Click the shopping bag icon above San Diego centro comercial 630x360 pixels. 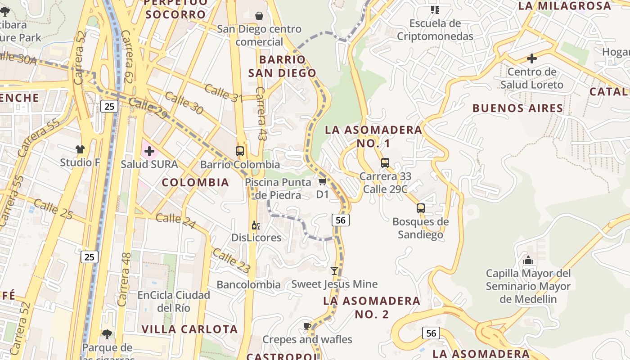[259, 16]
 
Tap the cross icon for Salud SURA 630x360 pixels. [149, 151]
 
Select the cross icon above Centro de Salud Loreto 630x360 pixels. [532, 58]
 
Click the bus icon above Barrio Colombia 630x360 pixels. [240, 151]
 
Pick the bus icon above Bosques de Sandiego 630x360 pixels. [421, 208]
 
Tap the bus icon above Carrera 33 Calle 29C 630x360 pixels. [385, 163]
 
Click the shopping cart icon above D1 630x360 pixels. [322, 182]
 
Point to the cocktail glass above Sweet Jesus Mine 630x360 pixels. [334, 271]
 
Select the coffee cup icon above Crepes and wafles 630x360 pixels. [307, 326]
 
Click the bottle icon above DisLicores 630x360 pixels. [256, 225]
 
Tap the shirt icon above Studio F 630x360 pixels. [80, 149]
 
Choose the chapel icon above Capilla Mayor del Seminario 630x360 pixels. [528, 260]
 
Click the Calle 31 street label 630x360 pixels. [224, 93]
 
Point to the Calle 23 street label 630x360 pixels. [231, 261]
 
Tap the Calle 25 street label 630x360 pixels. [53, 210]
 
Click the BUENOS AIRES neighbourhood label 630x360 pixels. [517, 108]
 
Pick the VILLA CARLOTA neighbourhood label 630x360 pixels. [189, 329]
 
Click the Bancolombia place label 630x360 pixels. [248, 284]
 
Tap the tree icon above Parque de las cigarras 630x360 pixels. [107, 334]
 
